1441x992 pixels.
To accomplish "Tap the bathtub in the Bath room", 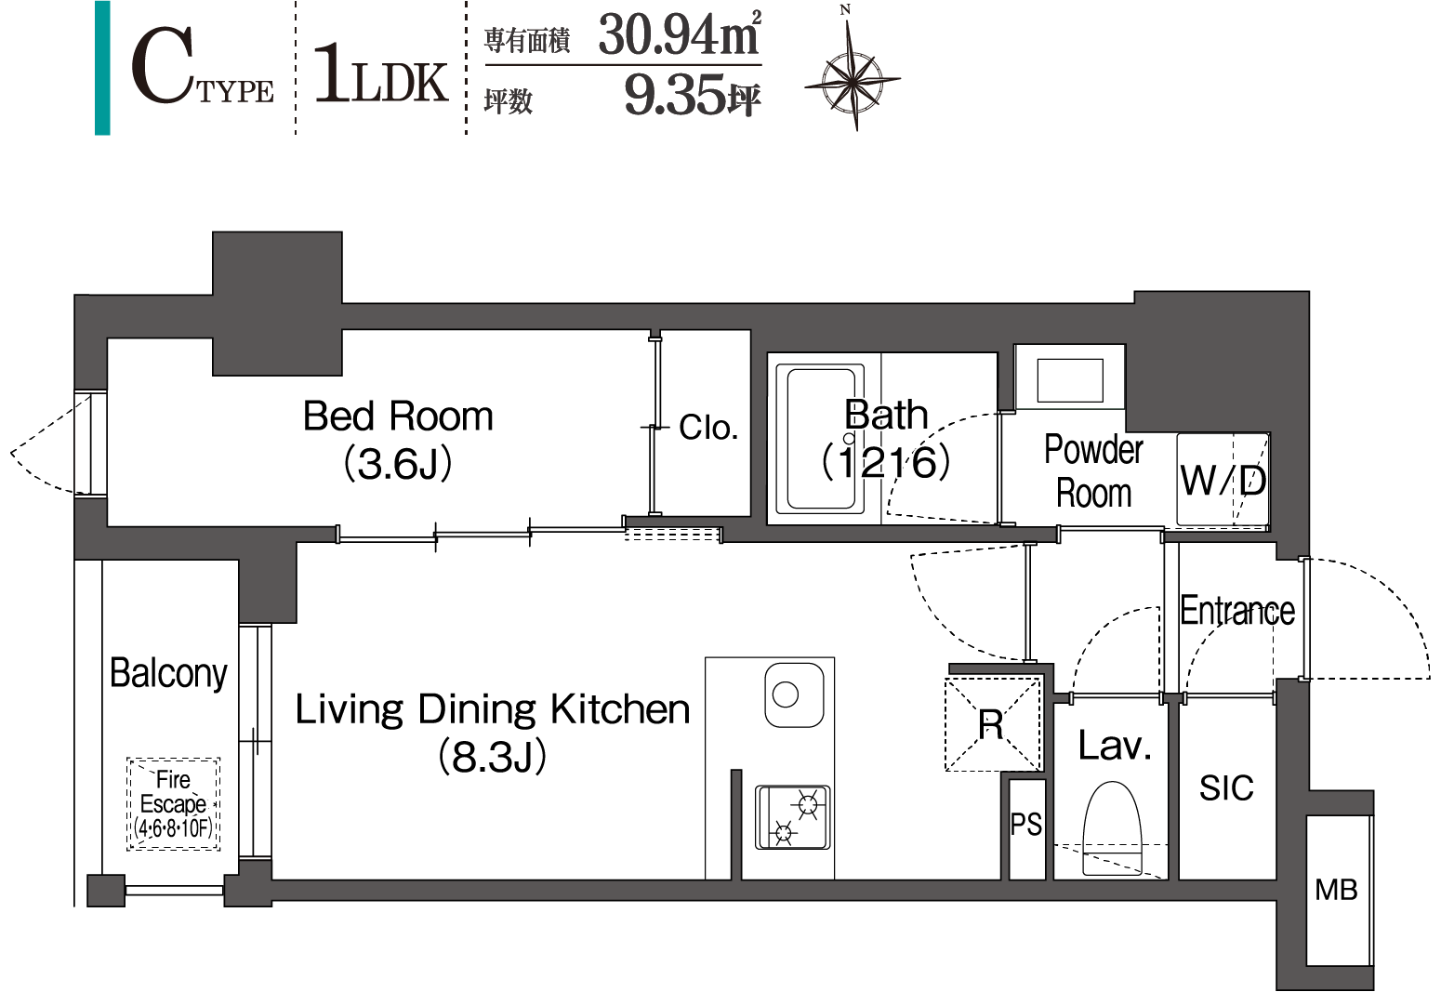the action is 820,439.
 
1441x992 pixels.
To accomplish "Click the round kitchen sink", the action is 795,694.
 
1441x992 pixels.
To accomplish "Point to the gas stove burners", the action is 792,817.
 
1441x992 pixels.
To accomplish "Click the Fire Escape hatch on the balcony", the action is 174,803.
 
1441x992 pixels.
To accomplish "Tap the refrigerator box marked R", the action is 993,723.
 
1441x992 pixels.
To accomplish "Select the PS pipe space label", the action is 1026,824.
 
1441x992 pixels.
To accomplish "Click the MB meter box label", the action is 1336,890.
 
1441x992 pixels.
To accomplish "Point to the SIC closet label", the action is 1227,787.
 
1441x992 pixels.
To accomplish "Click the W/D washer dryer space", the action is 1223,480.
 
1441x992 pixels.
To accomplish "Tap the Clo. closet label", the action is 708,427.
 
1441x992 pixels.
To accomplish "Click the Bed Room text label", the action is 398,416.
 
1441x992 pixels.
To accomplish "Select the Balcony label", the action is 169,673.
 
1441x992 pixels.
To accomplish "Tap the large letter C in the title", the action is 163,66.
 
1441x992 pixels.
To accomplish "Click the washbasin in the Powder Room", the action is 1070,379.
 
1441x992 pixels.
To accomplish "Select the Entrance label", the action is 1237,611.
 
